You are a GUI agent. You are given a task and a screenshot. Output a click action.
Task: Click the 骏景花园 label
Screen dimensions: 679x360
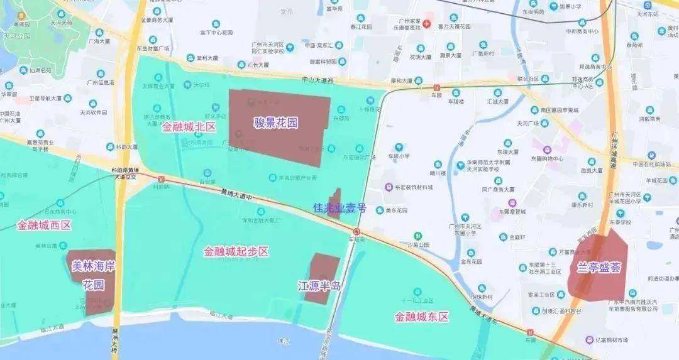[275, 122]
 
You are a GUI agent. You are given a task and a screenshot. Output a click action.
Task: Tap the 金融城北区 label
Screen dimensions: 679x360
[189, 127]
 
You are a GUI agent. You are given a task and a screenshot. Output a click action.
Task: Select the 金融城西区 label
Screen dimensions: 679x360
[45, 225]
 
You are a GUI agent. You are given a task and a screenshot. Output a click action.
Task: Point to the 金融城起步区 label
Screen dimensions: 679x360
[236, 251]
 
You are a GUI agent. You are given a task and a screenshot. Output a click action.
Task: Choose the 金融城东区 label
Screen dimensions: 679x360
[422, 317]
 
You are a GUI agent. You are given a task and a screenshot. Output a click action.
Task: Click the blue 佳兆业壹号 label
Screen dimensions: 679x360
[339, 208]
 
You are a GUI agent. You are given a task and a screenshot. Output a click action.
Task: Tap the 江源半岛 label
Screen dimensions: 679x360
[319, 286]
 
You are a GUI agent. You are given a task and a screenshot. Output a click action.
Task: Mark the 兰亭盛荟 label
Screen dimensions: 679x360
[599, 267]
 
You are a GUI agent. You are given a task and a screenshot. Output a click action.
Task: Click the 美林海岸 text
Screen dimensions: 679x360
[94, 266]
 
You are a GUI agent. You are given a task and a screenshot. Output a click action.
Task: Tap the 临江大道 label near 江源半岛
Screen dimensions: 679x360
[221, 313]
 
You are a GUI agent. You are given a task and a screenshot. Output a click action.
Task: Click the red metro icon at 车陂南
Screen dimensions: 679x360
[356, 231]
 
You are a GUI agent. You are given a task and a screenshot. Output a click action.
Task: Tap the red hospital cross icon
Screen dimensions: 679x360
[426, 24]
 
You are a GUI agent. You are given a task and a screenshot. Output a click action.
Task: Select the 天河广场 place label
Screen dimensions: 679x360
[527, 123]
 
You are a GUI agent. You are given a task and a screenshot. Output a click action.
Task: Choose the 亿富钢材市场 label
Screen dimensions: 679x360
[611, 340]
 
